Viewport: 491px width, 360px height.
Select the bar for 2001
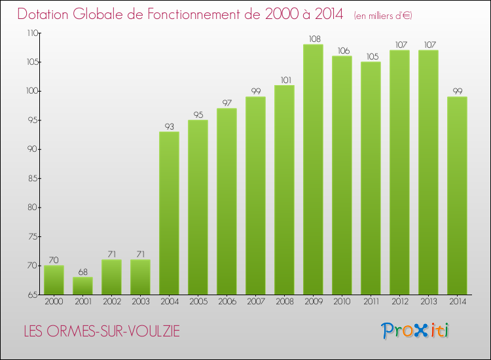coord(82,285)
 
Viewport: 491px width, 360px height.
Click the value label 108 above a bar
coord(313,39)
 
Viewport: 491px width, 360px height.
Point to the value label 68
coord(82,272)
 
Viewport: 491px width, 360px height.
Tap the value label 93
coord(169,126)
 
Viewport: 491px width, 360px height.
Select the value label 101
coord(284,80)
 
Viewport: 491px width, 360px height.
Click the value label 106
coord(342,50)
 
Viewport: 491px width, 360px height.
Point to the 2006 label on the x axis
coord(227,302)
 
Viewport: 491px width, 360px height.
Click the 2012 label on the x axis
coord(399,302)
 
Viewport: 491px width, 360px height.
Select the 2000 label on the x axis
coord(54,302)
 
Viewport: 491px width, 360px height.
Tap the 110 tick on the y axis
coord(31,33)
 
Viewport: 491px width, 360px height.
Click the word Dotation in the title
coord(46,14)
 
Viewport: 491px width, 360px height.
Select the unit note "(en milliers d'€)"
coord(384,15)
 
